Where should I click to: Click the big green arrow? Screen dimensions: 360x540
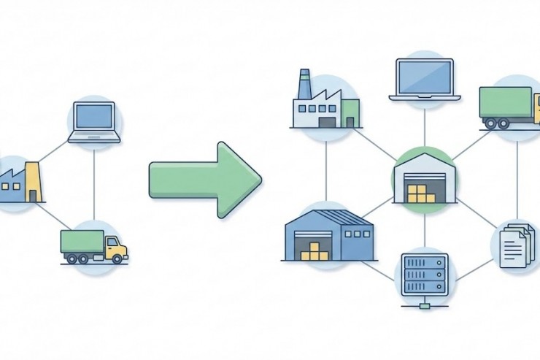tap(204, 180)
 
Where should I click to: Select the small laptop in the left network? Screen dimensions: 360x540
tap(94, 122)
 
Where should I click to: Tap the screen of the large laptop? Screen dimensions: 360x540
tap(425, 77)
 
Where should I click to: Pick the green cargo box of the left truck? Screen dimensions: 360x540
tap(82, 242)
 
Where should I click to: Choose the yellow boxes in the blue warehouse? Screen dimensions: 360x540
tap(315, 250)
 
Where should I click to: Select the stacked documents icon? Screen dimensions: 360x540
tap(517, 245)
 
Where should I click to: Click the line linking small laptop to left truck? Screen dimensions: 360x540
tap(94, 183)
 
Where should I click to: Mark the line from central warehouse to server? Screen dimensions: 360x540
tap(424, 231)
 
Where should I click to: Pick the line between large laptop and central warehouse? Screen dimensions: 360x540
tap(424, 124)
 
